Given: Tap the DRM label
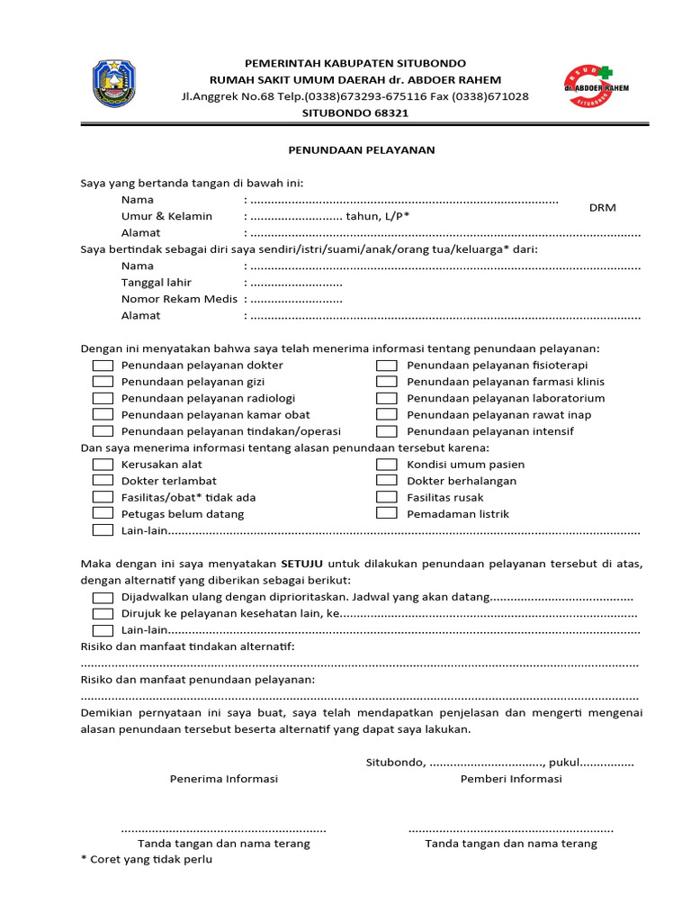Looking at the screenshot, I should pyautogui.click(x=603, y=208).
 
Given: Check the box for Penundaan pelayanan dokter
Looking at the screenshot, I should pyautogui.click(x=103, y=366).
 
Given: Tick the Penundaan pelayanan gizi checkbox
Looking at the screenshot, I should pyautogui.click(x=103, y=382).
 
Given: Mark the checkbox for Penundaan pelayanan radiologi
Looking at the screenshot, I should pyautogui.click(x=103, y=398).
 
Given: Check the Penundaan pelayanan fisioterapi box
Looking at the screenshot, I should pyautogui.click(x=387, y=366).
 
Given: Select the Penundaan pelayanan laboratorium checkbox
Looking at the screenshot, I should pyautogui.click(x=387, y=398).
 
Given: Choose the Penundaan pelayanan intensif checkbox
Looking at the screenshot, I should pyautogui.click(x=387, y=431).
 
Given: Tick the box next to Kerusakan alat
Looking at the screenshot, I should pyautogui.click(x=103, y=465).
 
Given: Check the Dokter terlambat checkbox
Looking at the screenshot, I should pyautogui.click(x=103, y=481).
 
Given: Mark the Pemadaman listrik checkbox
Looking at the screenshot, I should pyautogui.click(x=387, y=513).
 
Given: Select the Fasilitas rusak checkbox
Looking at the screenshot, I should pyautogui.click(x=387, y=497).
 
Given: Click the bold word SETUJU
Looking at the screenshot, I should pyautogui.click(x=301, y=564).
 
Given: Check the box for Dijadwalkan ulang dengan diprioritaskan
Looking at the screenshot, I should pyautogui.click(x=103, y=597).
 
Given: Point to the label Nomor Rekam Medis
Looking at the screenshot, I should pyautogui.click(x=179, y=299).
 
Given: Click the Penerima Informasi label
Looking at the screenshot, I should pyautogui.click(x=224, y=779).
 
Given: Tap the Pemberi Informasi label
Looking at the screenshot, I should pyautogui.click(x=511, y=779).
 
